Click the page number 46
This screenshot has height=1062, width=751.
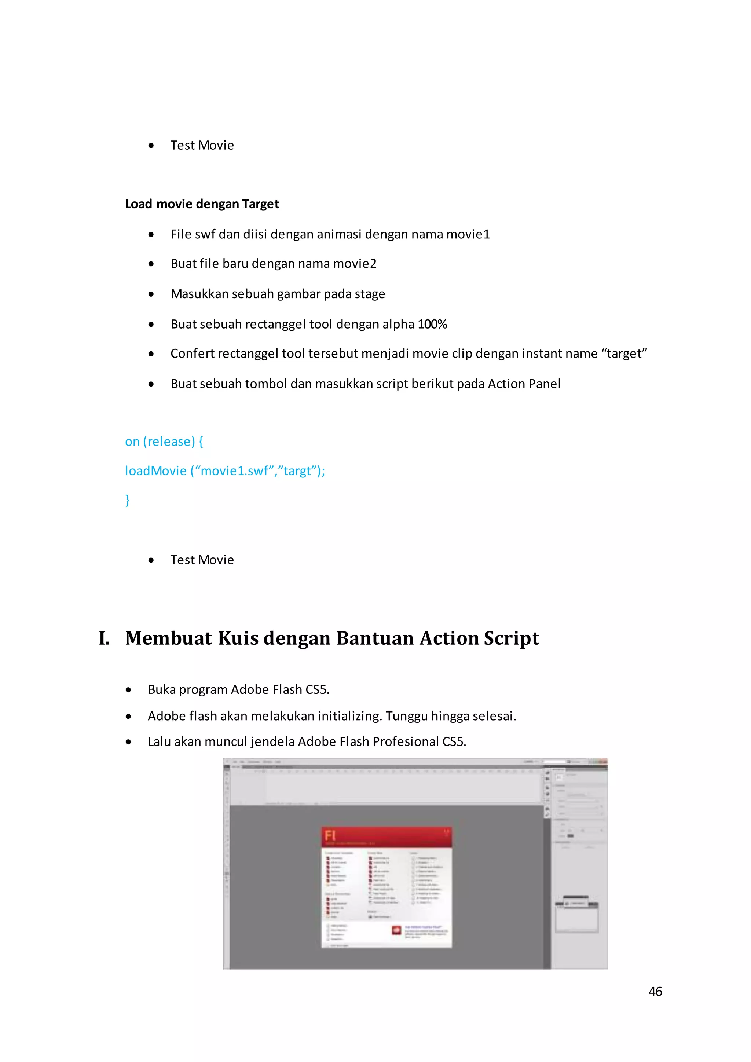(655, 992)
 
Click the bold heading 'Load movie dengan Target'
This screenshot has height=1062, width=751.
(202, 204)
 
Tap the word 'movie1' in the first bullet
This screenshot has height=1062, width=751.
(468, 234)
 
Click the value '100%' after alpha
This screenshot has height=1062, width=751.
(432, 324)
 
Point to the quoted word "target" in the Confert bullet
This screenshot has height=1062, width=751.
(624, 354)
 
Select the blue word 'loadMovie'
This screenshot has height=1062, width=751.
(155, 471)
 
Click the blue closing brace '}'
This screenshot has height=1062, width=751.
(127, 500)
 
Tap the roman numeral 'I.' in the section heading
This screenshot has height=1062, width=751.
(105, 639)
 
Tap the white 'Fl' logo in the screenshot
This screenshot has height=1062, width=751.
(330, 835)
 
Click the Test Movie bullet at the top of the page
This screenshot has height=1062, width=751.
(202, 145)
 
